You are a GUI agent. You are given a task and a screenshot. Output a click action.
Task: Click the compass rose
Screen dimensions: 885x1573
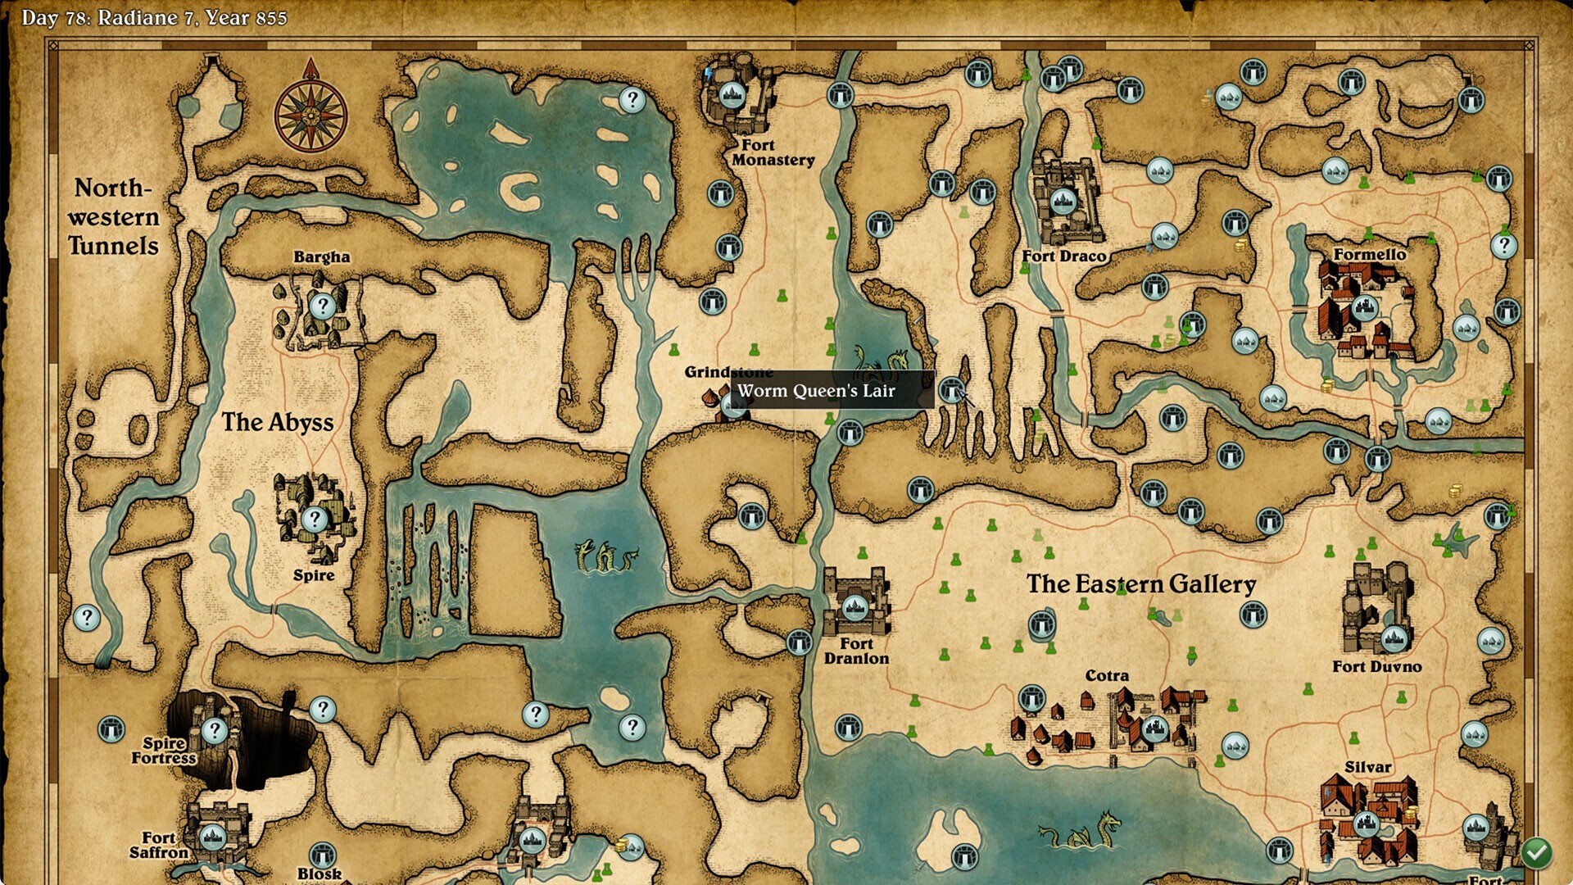pyautogui.click(x=311, y=116)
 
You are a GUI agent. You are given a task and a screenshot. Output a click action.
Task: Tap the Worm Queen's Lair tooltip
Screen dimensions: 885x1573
pyautogui.click(x=816, y=391)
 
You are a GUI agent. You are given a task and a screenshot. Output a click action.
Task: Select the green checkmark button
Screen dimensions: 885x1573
pyautogui.click(x=1536, y=853)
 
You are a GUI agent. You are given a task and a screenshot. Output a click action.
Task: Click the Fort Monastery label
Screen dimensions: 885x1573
pyautogui.click(x=773, y=152)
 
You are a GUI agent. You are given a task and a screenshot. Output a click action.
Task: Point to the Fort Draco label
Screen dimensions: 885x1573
pyautogui.click(x=1063, y=256)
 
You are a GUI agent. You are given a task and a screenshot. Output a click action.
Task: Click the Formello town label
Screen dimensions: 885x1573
pyautogui.click(x=1369, y=254)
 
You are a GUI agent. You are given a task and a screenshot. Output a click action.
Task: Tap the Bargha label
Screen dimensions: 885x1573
pyautogui.click(x=321, y=256)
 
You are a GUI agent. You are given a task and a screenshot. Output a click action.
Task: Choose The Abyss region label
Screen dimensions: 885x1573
pyautogui.click(x=278, y=422)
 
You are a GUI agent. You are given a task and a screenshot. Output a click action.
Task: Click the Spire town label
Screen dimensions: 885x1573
pyautogui.click(x=314, y=575)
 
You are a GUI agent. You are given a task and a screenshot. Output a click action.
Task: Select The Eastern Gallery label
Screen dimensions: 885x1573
pyautogui.click(x=1140, y=583)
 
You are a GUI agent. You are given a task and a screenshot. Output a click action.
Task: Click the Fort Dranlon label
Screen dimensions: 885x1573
pyautogui.click(x=856, y=651)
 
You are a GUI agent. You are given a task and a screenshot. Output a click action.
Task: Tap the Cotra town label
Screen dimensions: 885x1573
pyautogui.click(x=1107, y=675)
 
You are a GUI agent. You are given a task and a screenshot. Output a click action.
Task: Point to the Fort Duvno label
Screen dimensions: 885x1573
pyautogui.click(x=1376, y=666)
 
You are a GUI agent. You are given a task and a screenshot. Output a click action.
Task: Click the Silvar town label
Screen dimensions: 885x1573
pyautogui.click(x=1367, y=767)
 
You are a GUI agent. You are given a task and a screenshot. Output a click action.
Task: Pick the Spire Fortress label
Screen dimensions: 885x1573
pyautogui.click(x=164, y=750)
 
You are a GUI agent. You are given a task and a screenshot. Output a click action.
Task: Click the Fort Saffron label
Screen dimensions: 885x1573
pyautogui.click(x=159, y=845)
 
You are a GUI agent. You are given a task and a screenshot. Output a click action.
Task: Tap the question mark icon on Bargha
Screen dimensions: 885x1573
pyautogui.click(x=322, y=306)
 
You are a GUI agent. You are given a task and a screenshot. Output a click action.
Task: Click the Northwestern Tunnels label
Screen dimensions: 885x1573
pyautogui.click(x=113, y=216)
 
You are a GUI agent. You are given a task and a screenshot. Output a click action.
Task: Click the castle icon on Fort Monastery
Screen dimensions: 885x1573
pyautogui.click(x=732, y=95)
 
